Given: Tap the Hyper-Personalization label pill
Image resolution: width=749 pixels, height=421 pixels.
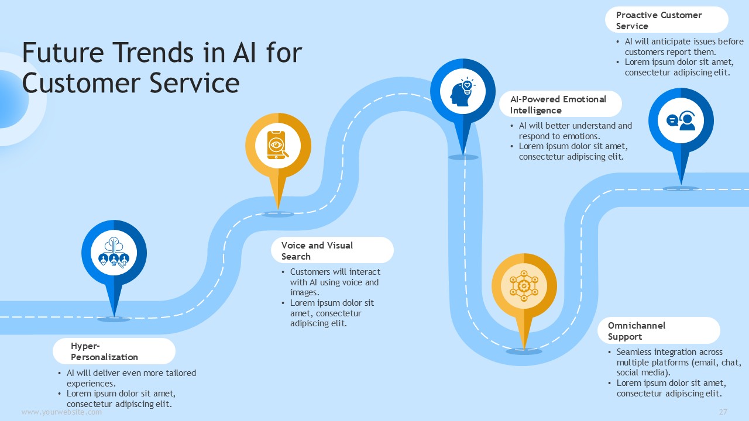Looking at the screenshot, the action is [x=114, y=351].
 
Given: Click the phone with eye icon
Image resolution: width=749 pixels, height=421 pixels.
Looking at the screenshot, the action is [x=277, y=146].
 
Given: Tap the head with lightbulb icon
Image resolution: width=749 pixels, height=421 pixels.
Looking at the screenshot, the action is [x=462, y=92].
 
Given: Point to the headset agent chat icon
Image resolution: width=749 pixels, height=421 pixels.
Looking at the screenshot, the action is [x=681, y=120].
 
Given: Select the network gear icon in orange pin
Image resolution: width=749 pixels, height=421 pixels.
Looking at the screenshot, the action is [x=524, y=286].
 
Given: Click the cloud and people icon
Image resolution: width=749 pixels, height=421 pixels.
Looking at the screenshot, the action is [x=114, y=252].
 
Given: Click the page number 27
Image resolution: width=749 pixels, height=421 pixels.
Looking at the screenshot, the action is [x=723, y=412].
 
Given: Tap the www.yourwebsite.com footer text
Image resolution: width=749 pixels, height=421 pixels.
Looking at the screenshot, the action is [x=61, y=412].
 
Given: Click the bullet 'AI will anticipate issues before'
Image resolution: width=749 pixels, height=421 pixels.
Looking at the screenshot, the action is [x=684, y=42].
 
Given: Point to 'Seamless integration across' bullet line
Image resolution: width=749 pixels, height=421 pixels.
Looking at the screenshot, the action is [x=669, y=352].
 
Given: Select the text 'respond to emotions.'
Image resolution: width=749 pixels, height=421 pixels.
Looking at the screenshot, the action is [x=559, y=136].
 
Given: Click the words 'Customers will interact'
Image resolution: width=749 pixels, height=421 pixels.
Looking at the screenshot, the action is [x=335, y=272].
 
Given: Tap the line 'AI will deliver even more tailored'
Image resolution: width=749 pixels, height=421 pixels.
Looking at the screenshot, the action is [x=131, y=373].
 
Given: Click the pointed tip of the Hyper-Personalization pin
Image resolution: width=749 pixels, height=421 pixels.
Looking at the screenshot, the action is [x=114, y=317].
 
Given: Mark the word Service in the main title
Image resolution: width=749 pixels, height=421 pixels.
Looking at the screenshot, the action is [x=194, y=83].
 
